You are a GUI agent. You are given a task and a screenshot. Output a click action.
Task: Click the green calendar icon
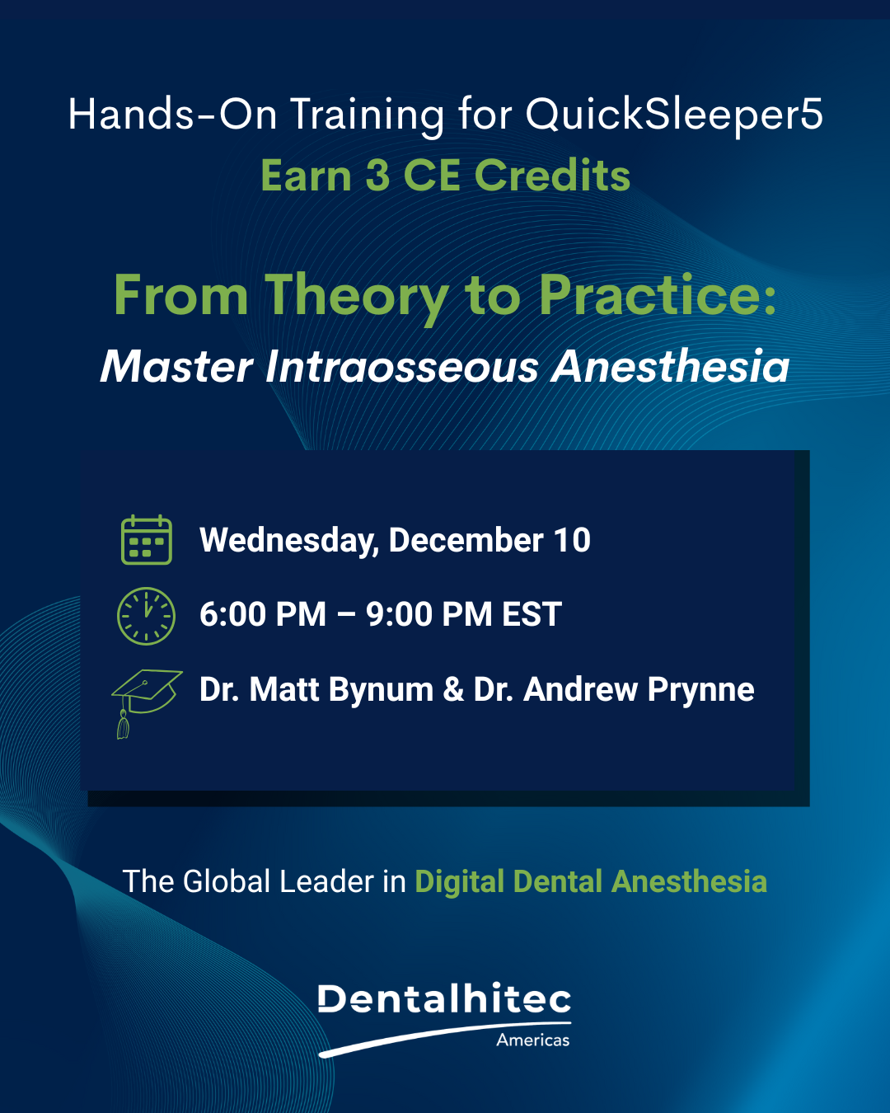(x=147, y=539)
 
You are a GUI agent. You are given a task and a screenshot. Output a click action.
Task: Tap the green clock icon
(x=147, y=616)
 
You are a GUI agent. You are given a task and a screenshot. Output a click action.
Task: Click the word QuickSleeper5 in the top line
(x=674, y=115)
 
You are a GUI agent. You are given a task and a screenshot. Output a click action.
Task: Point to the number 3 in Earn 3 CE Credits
(x=377, y=176)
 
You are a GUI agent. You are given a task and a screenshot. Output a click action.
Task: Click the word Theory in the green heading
(x=357, y=296)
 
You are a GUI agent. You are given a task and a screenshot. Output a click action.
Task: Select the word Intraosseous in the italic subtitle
(x=402, y=367)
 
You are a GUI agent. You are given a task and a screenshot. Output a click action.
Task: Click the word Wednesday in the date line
(x=289, y=541)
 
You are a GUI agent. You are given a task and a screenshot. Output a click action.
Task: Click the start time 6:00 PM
(x=263, y=614)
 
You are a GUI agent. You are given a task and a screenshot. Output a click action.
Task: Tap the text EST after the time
(x=532, y=614)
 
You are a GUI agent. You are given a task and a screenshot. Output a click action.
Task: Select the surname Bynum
(x=381, y=691)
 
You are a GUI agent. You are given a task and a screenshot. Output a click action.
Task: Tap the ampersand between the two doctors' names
(x=453, y=690)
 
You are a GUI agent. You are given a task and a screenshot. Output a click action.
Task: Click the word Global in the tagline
(x=227, y=881)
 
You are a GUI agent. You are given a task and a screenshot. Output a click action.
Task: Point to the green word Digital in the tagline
(x=459, y=882)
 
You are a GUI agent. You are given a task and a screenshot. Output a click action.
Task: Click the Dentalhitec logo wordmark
(x=444, y=998)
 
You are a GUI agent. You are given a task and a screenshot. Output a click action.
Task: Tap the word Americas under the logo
(x=532, y=1040)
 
